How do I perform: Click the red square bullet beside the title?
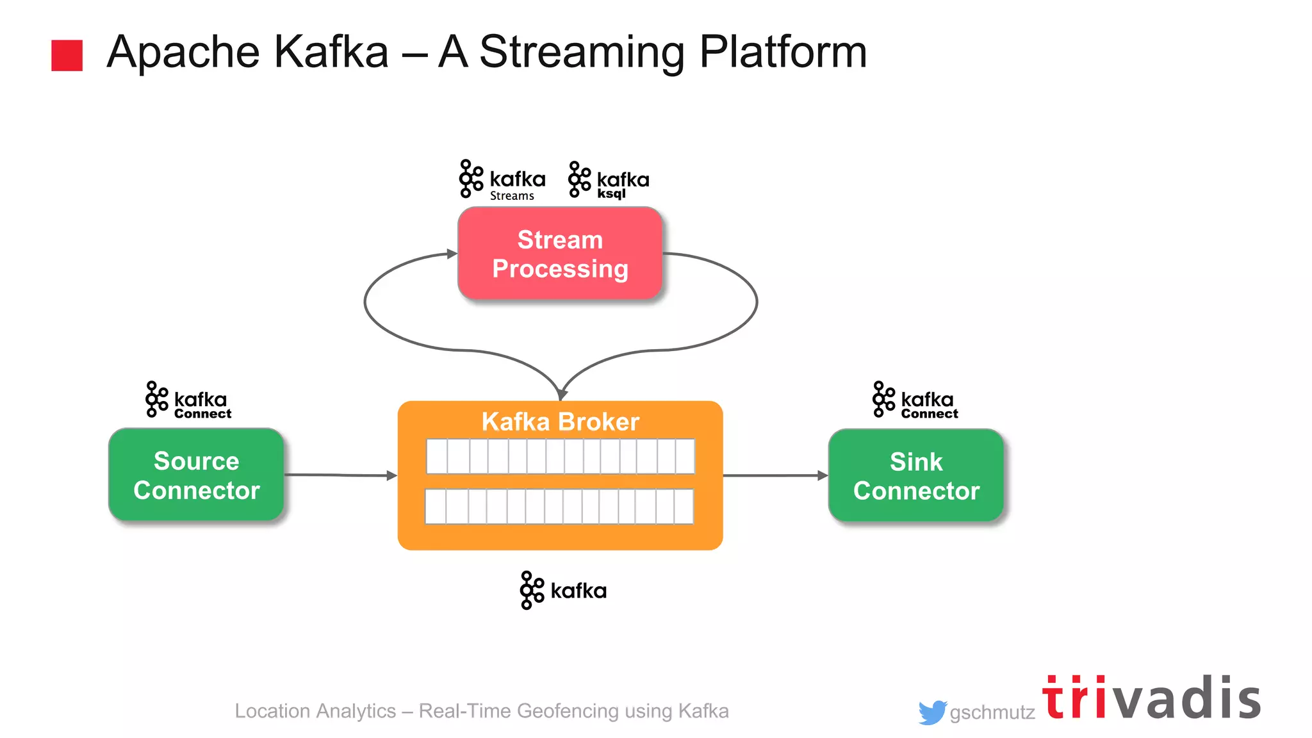click(x=67, y=55)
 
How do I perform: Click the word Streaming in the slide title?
click(x=582, y=53)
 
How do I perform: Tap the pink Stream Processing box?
click(x=560, y=254)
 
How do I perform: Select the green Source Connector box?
click(x=196, y=475)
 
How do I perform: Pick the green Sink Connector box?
click(x=915, y=476)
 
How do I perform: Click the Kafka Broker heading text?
click(x=560, y=422)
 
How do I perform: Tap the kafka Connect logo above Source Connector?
click(x=188, y=400)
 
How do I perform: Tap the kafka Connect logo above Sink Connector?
click(x=915, y=400)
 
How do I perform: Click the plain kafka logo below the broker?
click(x=562, y=590)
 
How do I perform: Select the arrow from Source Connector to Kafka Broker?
click(x=340, y=475)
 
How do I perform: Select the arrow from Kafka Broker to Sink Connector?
click(x=775, y=475)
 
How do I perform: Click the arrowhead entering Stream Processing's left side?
click(x=452, y=254)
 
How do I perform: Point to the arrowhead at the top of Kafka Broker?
click(x=562, y=395)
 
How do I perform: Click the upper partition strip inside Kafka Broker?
click(x=560, y=456)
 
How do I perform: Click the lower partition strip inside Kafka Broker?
click(x=559, y=506)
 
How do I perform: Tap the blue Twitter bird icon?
click(x=932, y=712)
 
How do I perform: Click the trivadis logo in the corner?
click(x=1151, y=698)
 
